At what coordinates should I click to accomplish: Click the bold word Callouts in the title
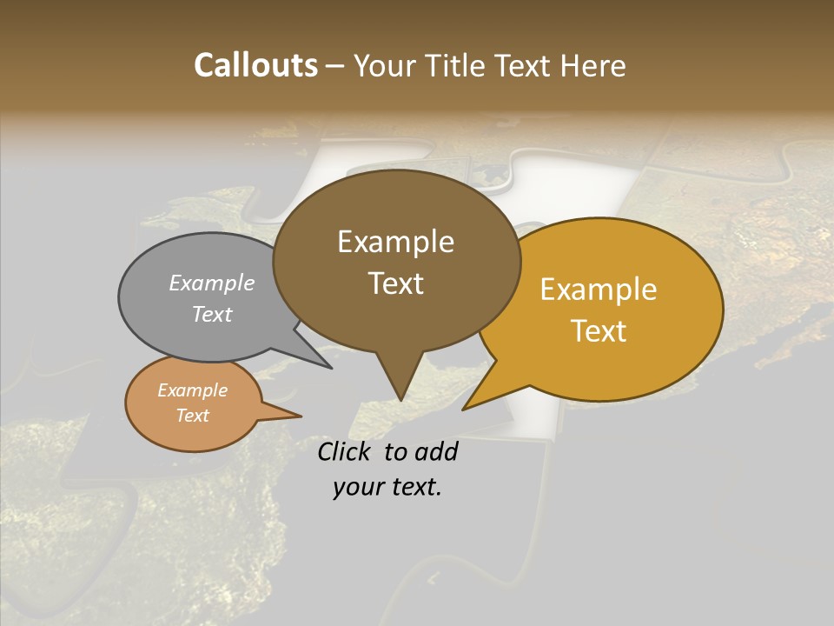[x=255, y=65]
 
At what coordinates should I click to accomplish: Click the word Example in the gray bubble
[x=212, y=283]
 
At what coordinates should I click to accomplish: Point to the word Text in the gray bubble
[x=212, y=314]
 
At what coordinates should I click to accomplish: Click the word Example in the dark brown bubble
[x=395, y=242]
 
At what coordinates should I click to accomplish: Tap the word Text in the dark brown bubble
[x=395, y=283]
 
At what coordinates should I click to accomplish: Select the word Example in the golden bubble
[x=599, y=290]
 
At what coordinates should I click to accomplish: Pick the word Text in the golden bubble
[x=599, y=330]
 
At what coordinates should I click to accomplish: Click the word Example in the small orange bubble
[x=192, y=390]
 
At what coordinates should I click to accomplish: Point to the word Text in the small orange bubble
[x=192, y=416]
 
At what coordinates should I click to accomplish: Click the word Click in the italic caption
[x=346, y=451]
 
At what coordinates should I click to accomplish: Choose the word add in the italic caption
[x=436, y=451]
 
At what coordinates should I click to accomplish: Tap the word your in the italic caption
[x=358, y=487]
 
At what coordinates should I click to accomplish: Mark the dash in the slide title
[x=336, y=67]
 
